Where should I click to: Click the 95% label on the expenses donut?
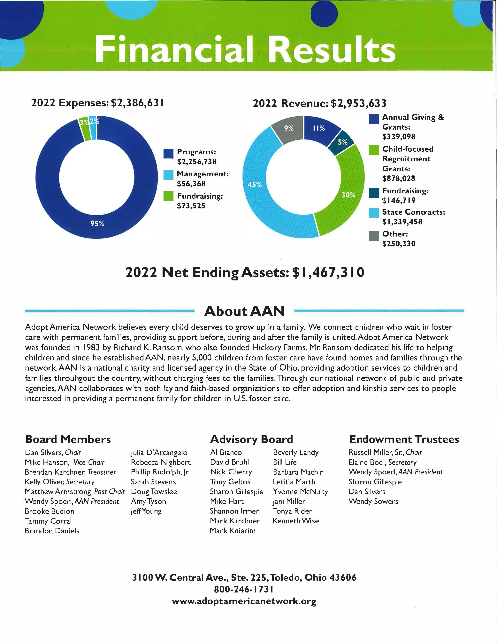(97, 223)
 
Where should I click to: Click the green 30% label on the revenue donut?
(348, 195)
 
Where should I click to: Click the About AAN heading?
(244, 311)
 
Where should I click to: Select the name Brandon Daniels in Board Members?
(52, 531)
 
